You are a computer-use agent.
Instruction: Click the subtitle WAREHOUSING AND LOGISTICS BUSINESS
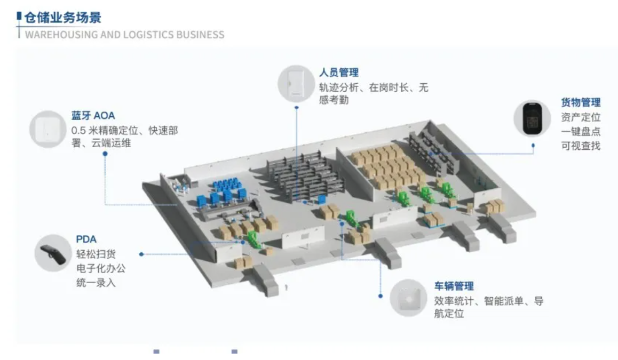pos(124,35)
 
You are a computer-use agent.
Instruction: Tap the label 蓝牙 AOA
pos(93,115)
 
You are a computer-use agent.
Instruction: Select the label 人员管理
pos(338,73)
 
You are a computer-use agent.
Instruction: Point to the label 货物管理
pos(581,102)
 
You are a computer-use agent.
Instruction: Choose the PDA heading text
pos(86,239)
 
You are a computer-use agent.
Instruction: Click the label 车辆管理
pos(454,286)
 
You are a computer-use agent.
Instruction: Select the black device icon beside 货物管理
pos(532,118)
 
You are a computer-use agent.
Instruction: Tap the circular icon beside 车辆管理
pos(408,298)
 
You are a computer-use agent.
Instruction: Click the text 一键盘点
pos(581,131)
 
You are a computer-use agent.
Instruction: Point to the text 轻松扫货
pos(96,254)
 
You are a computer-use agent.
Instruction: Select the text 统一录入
pos(96,283)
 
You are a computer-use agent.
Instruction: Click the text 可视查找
pos(581,146)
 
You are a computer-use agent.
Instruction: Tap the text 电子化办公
pos(101,268)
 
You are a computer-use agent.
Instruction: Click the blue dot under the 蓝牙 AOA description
pos(105,154)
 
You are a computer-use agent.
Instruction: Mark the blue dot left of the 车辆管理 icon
pos(381,295)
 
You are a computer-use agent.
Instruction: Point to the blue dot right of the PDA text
pos(141,254)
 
